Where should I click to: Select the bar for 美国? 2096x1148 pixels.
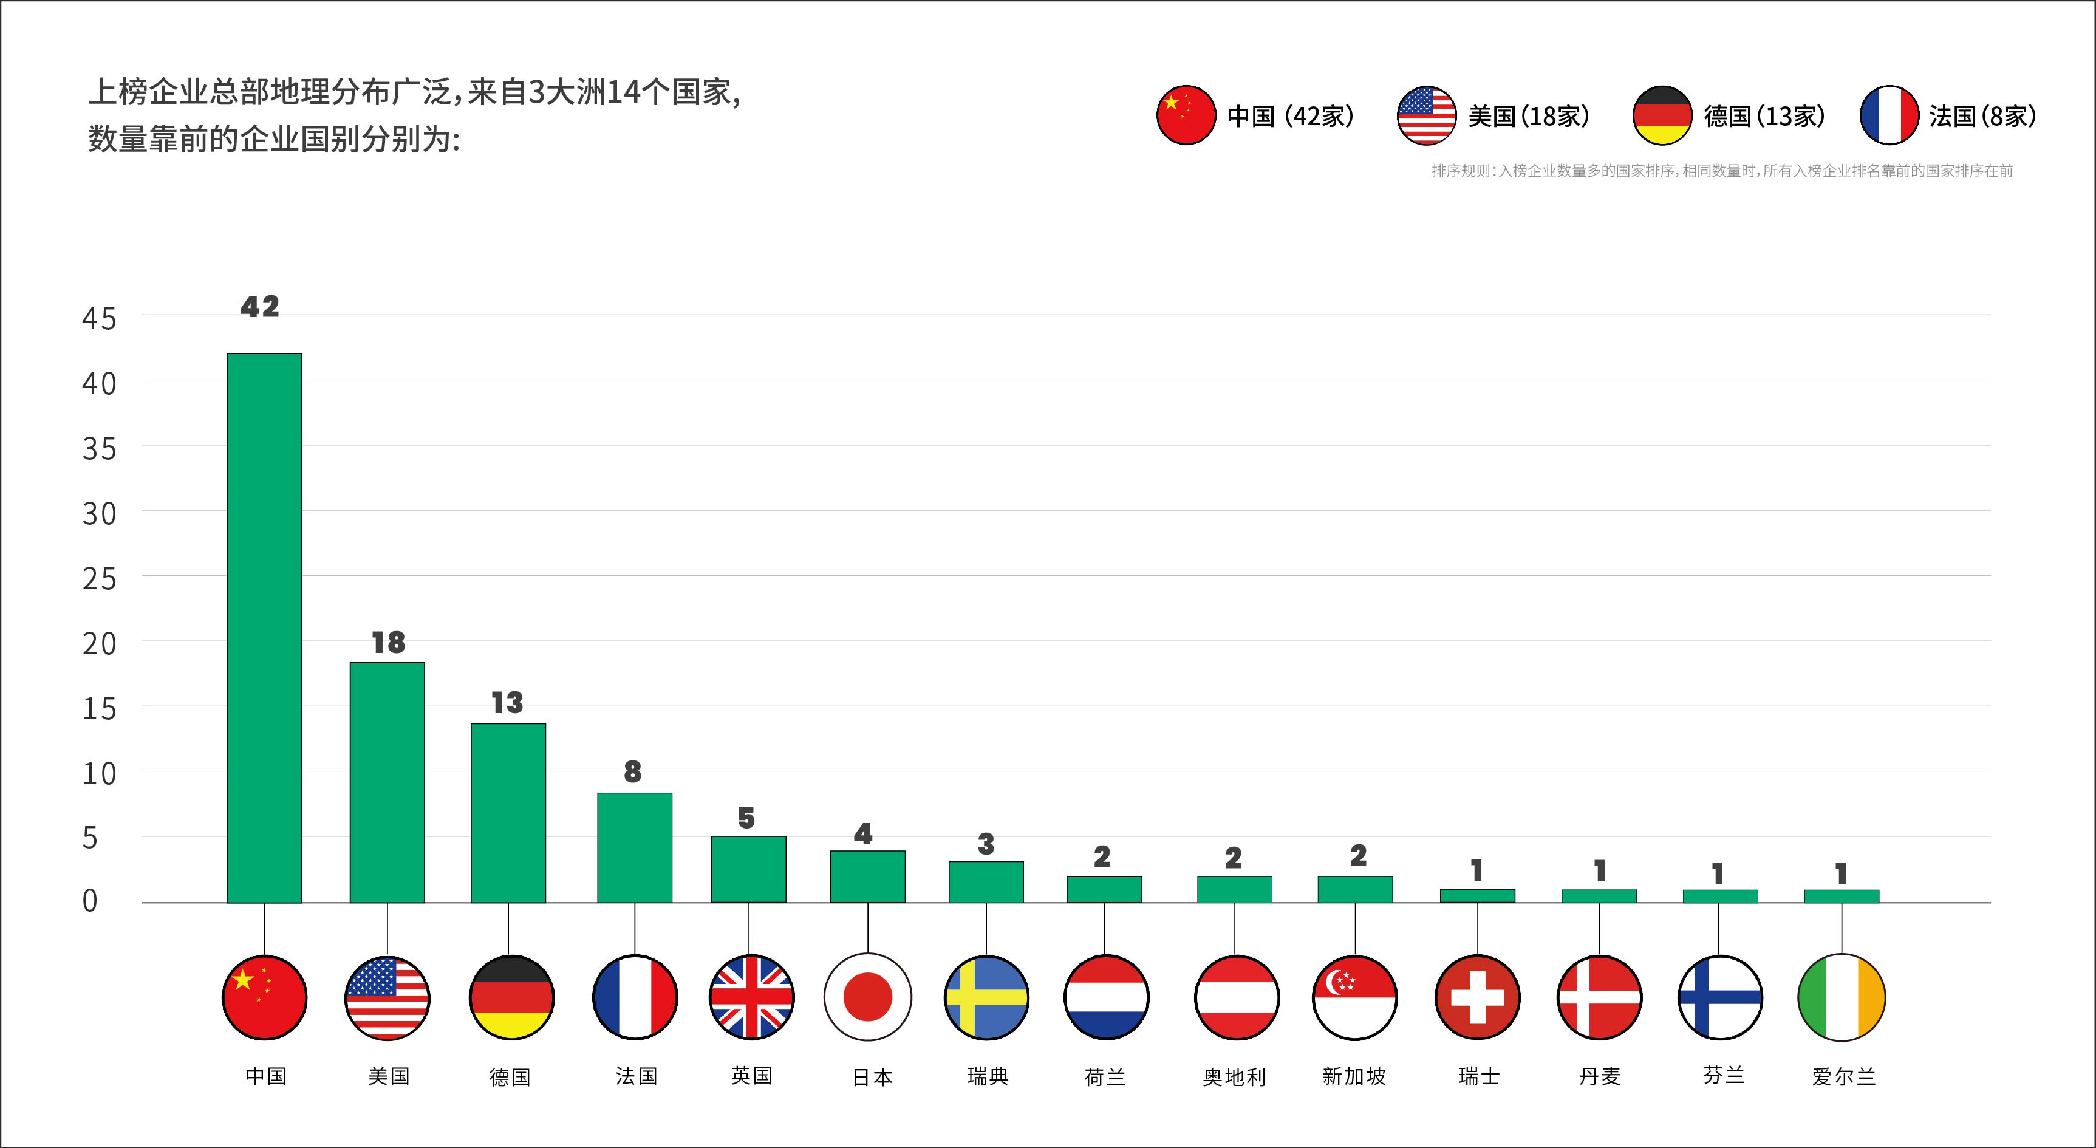387,782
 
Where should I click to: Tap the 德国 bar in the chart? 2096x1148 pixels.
508,813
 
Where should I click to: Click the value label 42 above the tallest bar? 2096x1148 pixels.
259,307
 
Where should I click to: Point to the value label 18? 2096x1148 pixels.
388,643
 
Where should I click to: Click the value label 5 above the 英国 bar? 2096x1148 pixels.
746,818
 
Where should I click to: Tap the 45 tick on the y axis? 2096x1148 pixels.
99,319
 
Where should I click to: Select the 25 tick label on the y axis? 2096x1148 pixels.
99,579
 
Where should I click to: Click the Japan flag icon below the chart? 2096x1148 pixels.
867,997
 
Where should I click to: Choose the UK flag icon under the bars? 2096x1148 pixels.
751,997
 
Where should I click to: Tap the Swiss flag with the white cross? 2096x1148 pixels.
1477,997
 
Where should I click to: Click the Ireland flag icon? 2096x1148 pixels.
1840,997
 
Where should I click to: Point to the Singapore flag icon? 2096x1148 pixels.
1355,997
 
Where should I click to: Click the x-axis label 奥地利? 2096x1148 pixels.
1234,1077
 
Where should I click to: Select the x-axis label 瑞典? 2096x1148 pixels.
988,1076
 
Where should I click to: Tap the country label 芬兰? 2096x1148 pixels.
1723,1076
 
